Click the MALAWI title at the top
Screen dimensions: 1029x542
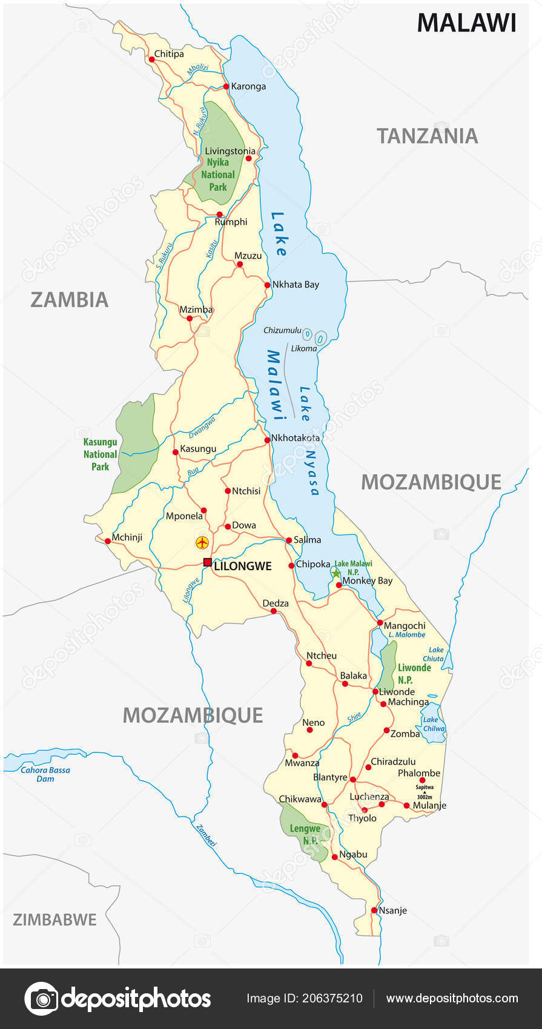pyautogui.click(x=466, y=23)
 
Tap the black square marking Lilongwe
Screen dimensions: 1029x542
pyautogui.click(x=207, y=562)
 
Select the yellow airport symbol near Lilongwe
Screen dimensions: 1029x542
pyautogui.click(x=202, y=542)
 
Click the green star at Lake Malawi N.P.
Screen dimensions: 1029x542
pyautogui.click(x=336, y=573)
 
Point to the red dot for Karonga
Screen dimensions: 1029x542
pyautogui.click(x=226, y=87)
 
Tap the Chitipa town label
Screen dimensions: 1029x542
pyautogui.click(x=169, y=54)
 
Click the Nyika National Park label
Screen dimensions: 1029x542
pyautogui.click(x=218, y=174)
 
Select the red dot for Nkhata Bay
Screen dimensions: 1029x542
pyautogui.click(x=267, y=285)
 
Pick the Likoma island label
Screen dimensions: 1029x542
pyautogui.click(x=304, y=349)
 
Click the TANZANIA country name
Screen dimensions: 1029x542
pyautogui.click(x=428, y=136)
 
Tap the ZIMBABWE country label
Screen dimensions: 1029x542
pyautogui.click(x=55, y=919)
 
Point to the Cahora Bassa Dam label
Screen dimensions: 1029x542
pyautogui.click(x=45, y=774)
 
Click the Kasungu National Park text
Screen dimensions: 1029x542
pyautogui.click(x=101, y=454)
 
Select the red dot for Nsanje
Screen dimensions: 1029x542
pyautogui.click(x=374, y=910)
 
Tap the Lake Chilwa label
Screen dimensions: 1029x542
pyautogui.click(x=434, y=724)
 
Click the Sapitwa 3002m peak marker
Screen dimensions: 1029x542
pyautogui.click(x=425, y=792)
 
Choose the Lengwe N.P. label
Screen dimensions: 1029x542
pyautogui.click(x=305, y=835)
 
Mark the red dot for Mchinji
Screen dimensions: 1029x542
pyautogui.click(x=108, y=541)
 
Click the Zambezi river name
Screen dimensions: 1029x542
pyautogui.click(x=206, y=835)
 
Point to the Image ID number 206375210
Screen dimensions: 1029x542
pyautogui.click(x=305, y=998)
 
